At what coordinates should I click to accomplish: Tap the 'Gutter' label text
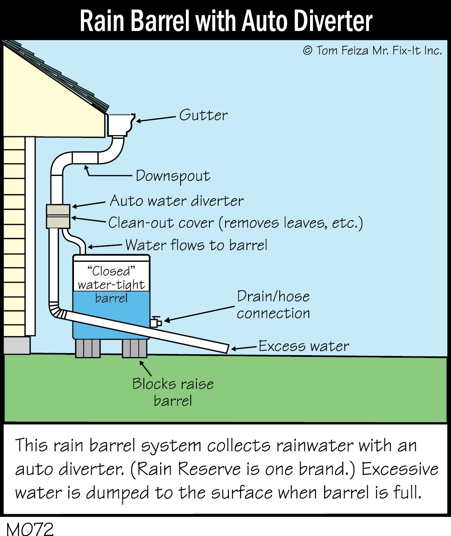(203, 115)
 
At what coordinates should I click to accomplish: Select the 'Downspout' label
(173, 176)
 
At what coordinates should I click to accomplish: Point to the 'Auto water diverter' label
(177, 201)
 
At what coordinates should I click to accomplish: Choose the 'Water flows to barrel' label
(196, 245)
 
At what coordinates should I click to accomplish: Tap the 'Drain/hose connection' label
(273, 305)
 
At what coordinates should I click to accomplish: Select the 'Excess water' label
(303, 346)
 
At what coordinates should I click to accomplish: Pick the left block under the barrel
(88, 348)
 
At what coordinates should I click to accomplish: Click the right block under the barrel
(135, 348)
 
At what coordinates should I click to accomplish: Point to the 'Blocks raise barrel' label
(173, 392)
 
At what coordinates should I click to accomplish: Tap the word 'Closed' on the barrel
(111, 271)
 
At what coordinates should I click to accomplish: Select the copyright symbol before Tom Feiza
(308, 51)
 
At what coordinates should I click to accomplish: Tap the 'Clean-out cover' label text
(161, 223)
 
